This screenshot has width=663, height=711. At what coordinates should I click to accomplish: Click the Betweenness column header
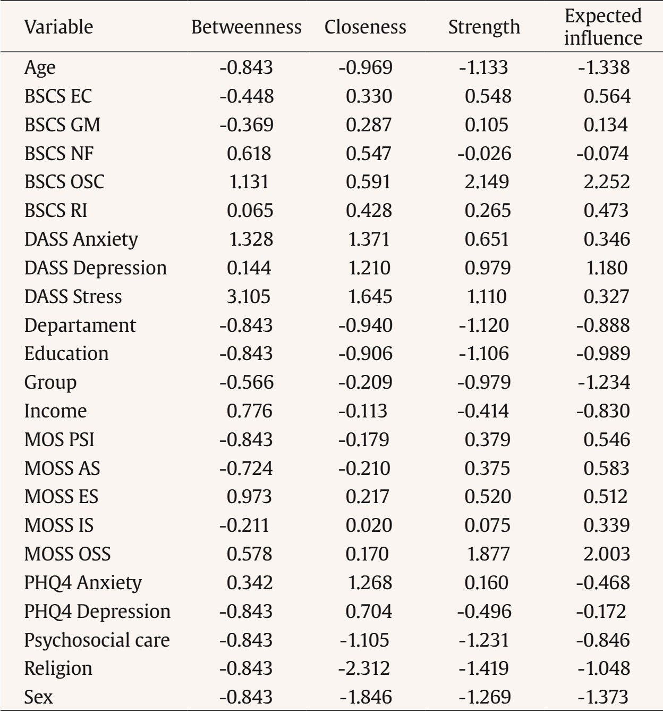246,27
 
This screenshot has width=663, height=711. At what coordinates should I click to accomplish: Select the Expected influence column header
603,27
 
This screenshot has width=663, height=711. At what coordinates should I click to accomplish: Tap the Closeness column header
365,27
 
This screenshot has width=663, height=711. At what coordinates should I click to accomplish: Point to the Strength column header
484,27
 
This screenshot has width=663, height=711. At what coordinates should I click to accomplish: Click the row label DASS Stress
73,296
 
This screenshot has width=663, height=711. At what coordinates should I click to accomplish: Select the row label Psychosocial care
97,640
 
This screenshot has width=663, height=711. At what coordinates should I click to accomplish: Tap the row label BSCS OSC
64,182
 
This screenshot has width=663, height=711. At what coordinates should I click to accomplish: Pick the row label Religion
58,668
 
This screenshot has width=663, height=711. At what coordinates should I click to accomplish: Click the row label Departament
80,325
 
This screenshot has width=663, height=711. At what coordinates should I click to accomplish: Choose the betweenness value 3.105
248,296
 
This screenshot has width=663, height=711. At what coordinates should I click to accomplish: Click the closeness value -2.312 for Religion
364,668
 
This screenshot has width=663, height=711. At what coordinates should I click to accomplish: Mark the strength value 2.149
487,182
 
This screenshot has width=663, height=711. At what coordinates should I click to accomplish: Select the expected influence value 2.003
607,554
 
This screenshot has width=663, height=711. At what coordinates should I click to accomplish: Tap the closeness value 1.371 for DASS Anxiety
369,239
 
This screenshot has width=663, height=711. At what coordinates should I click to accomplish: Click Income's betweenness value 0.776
249,411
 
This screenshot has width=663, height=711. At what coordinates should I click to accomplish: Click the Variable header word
58,27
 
